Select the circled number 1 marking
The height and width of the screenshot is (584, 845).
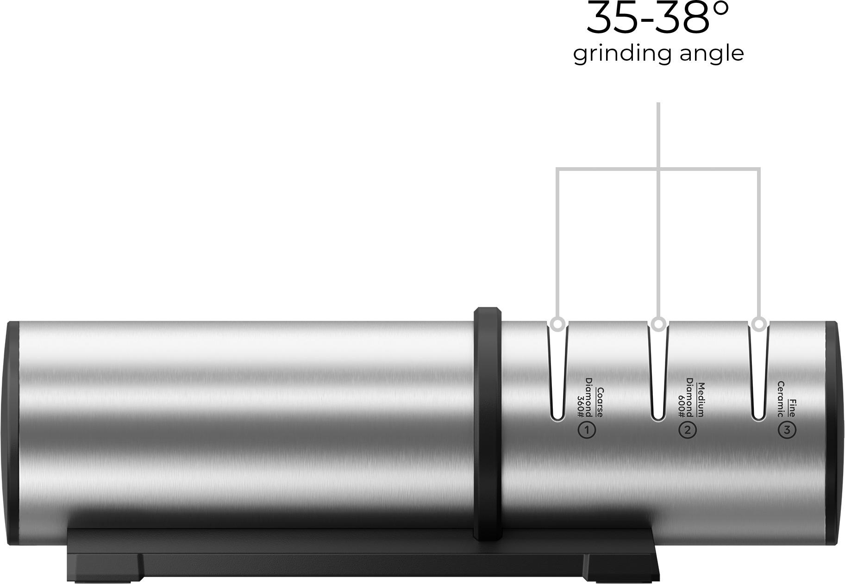click(587, 430)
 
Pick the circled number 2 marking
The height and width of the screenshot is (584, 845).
click(688, 430)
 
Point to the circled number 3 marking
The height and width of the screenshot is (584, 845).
click(788, 430)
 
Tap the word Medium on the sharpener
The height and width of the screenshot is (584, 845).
click(700, 400)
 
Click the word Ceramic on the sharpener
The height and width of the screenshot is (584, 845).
click(781, 400)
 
